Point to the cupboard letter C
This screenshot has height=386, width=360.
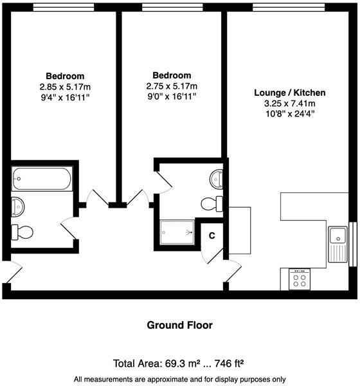(212, 235)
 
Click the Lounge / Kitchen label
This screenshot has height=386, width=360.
(289, 93)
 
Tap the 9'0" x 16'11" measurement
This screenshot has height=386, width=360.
(171, 96)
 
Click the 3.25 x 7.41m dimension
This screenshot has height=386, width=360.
(289, 103)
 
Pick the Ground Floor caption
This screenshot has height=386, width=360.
(179, 326)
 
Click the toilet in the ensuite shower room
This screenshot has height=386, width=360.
(210, 204)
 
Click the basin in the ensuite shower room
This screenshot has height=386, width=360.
(217, 178)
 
